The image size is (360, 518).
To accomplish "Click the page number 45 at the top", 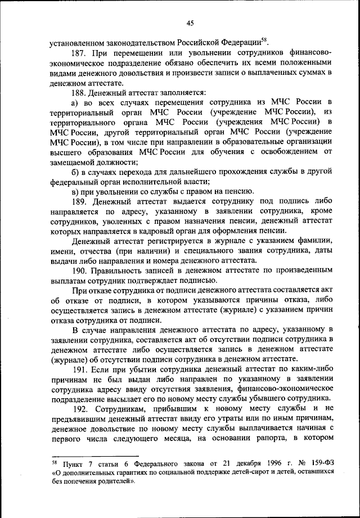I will tap(190, 22).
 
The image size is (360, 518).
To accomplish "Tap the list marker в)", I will tap(74, 191).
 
